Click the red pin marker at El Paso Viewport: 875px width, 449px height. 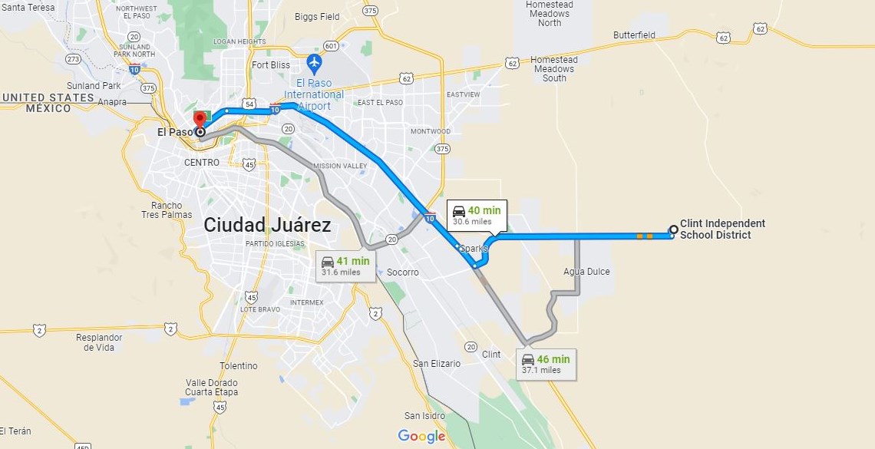(200, 119)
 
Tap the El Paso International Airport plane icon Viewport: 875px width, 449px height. (314, 61)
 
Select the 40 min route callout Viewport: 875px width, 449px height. (477, 215)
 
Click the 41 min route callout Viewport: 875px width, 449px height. (345, 266)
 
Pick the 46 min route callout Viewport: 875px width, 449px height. (546, 364)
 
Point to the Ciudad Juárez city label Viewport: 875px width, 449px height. (267, 225)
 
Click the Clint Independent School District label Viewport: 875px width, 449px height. (721, 229)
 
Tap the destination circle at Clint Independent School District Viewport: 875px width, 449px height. (673, 229)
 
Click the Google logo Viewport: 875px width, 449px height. (421, 436)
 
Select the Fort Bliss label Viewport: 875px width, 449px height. (270, 65)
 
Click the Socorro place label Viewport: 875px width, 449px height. (403, 272)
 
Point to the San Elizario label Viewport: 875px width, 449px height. (437, 363)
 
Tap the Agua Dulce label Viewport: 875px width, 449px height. (586, 272)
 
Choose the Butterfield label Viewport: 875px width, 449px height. (634, 35)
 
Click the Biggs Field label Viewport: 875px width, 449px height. (317, 16)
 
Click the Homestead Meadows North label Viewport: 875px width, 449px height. (549, 14)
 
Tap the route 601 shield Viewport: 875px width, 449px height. (331, 45)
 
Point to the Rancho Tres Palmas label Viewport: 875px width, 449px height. (167, 210)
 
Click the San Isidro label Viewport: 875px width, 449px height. (424, 416)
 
